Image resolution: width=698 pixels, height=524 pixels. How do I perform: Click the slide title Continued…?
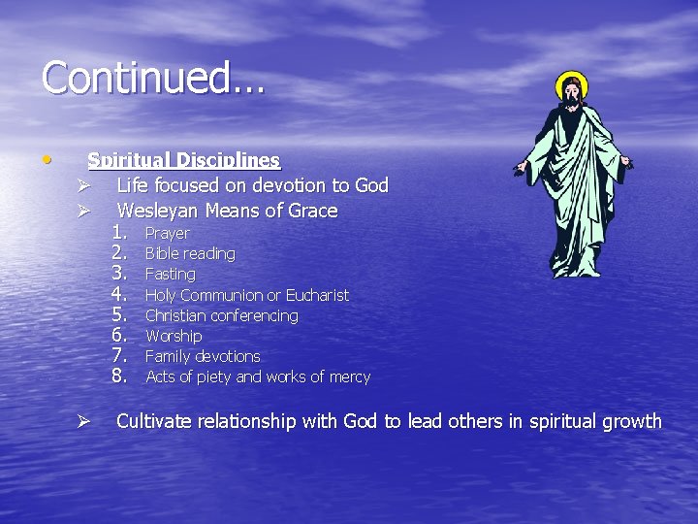(x=153, y=78)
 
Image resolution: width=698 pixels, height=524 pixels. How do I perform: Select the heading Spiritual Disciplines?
(x=183, y=160)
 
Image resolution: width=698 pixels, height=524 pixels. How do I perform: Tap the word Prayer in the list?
(x=167, y=234)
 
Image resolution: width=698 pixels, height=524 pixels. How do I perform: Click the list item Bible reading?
(x=190, y=254)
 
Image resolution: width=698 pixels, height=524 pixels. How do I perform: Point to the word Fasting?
(x=170, y=275)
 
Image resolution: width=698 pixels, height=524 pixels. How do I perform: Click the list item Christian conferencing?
(x=221, y=315)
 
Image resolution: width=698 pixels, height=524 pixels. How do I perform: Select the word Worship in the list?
(x=174, y=336)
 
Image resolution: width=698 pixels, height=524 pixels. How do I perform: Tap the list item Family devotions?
(x=203, y=356)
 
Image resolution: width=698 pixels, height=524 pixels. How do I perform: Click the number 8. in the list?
(x=120, y=376)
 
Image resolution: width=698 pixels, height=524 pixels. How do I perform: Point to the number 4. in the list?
(x=120, y=294)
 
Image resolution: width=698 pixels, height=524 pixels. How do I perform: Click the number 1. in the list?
(x=120, y=233)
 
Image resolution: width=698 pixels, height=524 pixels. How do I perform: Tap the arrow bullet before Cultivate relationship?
(x=84, y=422)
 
